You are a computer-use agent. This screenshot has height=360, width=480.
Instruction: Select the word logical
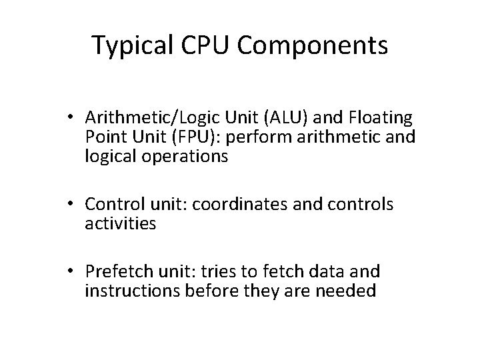pyautogui.click(x=109, y=157)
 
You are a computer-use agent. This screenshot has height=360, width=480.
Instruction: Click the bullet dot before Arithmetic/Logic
pyautogui.click(x=78, y=118)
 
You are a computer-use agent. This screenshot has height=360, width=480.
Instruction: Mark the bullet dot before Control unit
pyautogui.click(x=78, y=205)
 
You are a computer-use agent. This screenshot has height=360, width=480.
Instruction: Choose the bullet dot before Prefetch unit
pyautogui.click(x=78, y=271)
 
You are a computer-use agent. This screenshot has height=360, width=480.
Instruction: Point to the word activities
pyautogui.click(x=121, y=224)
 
